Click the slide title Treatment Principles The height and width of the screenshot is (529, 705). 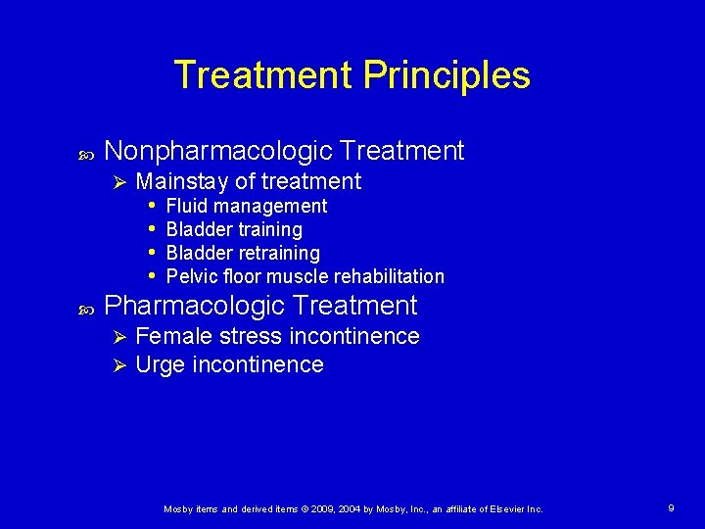point(352,75)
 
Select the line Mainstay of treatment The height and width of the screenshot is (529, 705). point(249,181)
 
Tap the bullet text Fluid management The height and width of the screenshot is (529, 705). point(247,206)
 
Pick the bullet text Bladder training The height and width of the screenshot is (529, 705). point(235,229)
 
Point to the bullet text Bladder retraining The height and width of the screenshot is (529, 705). point(244,253)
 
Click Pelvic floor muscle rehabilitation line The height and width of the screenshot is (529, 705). point(305,276)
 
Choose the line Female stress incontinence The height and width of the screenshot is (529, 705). point(277,337)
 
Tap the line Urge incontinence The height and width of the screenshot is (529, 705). point(229,365)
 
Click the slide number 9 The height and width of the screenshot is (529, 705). point(671,508)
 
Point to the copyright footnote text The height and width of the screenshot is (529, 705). point(352,509)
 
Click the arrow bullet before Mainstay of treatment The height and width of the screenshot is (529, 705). point(118,182)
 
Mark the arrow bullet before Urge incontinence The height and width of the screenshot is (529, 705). point(118,366)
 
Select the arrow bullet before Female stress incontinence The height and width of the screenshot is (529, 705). point(118,338)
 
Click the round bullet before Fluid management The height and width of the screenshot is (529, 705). point(153,206)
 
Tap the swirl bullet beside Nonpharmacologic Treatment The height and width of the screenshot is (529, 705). point(82,154)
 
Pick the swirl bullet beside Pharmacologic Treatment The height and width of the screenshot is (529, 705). point(82,309)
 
